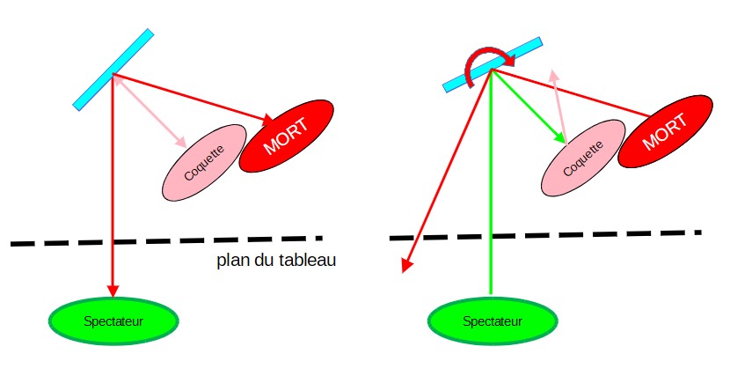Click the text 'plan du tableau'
(x=277, y=261)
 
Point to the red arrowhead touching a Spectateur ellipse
(x=113, y=291)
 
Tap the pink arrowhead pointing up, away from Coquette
(x=553, y=77)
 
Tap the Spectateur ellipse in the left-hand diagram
(x=113, y=319)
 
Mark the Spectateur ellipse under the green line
(x=493, y=321)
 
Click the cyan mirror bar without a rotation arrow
(x=113, y=70)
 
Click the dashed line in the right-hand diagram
(x=545, y=235)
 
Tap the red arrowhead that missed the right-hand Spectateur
(x=405, y=265)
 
